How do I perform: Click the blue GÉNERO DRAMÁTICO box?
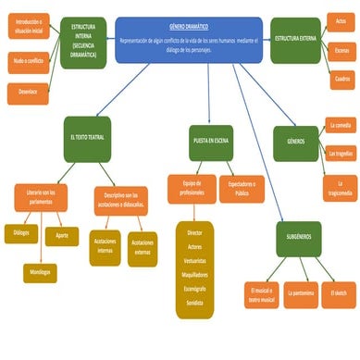[189, 39]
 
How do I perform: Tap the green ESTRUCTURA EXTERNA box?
[295, 39]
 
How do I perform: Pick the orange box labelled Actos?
[341, 20]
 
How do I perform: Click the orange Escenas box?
[341, 50]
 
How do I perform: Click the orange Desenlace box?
[27, 91]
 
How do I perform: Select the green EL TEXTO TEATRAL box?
[89, 137]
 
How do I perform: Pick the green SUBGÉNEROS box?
[299, 238]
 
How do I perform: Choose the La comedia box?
[341, 124]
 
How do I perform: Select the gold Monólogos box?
[39, 272]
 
